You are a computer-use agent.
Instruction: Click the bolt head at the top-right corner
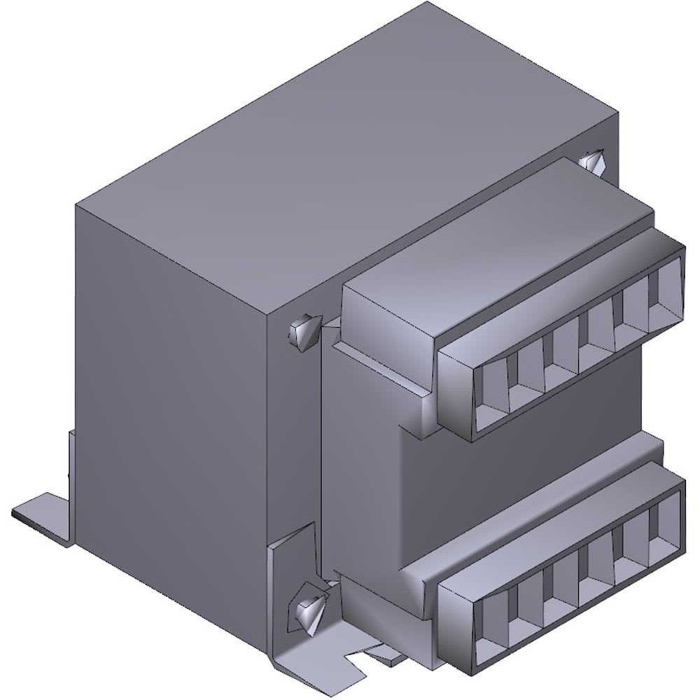tap(592, 164)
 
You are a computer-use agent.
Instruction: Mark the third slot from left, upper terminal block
tap(561, 360)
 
